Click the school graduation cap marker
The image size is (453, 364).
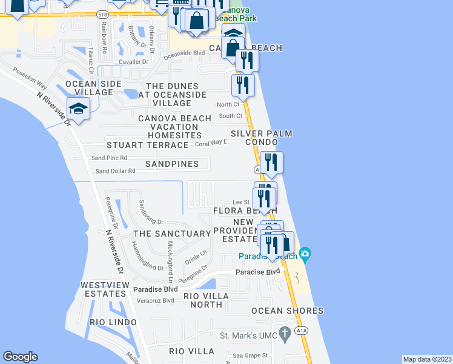pos(78,109)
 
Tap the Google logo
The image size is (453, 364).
pos(20,357)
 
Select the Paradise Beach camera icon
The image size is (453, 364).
pos(305,253)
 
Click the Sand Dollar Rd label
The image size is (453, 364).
pos(114,171)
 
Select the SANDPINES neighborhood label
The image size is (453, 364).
pos(172,164)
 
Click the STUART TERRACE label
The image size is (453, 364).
pos(148,146)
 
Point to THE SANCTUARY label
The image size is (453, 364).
pos(171,234)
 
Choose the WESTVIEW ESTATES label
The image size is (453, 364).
pos(102,289)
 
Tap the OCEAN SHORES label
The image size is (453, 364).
pos(288,311)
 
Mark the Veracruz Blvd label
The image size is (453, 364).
pos(156,300)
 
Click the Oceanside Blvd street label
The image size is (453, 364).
pos(184,53)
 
